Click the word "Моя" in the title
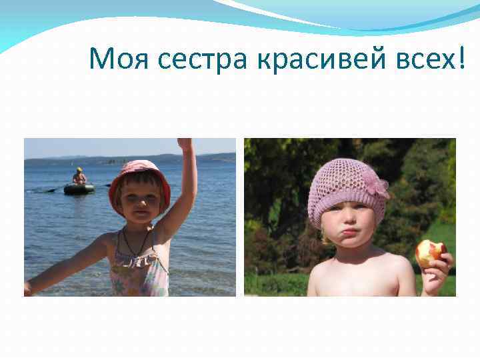(x=120, y=61)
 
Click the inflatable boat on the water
(x=79, y=189)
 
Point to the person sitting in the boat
(x=79, y=177)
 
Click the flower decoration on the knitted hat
(x=378, y=187)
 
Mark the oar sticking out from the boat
(x=52, y=190)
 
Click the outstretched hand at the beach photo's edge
(x=29, y=288)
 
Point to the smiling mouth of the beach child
(x=139, y=216)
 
